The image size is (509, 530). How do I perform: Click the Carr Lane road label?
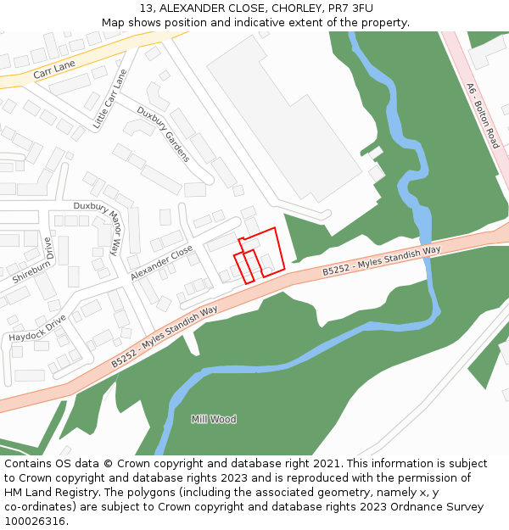pyautogui.click(x=54, y=70)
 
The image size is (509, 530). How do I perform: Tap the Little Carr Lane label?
pyautogui.click(x=109, y=99)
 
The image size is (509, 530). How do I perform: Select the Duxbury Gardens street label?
pyautogui.click(x=164, y=134)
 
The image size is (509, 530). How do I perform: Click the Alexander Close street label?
pyautogui.click(x=162, y=263)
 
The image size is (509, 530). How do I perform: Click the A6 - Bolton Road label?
pyautogui.click(x=483, y=115)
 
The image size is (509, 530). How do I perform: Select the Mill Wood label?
pyautogui.click(x=214, y=419)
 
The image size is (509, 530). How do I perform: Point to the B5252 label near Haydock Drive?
pyautogui.click(x=164, y=337)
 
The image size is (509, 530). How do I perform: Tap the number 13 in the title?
pyautogui.click(x=147, y=8)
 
